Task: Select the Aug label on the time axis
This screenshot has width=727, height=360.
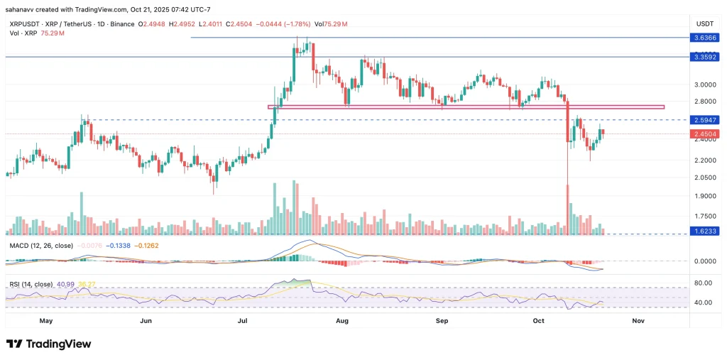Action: (342, 321)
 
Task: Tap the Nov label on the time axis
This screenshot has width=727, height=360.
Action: (638, 321)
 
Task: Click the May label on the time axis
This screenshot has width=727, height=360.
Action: (46, 321)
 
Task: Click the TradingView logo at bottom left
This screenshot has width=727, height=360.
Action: (49, 344)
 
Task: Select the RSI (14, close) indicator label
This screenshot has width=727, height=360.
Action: (31, 284)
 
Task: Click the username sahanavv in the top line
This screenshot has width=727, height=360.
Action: (21, 9)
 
